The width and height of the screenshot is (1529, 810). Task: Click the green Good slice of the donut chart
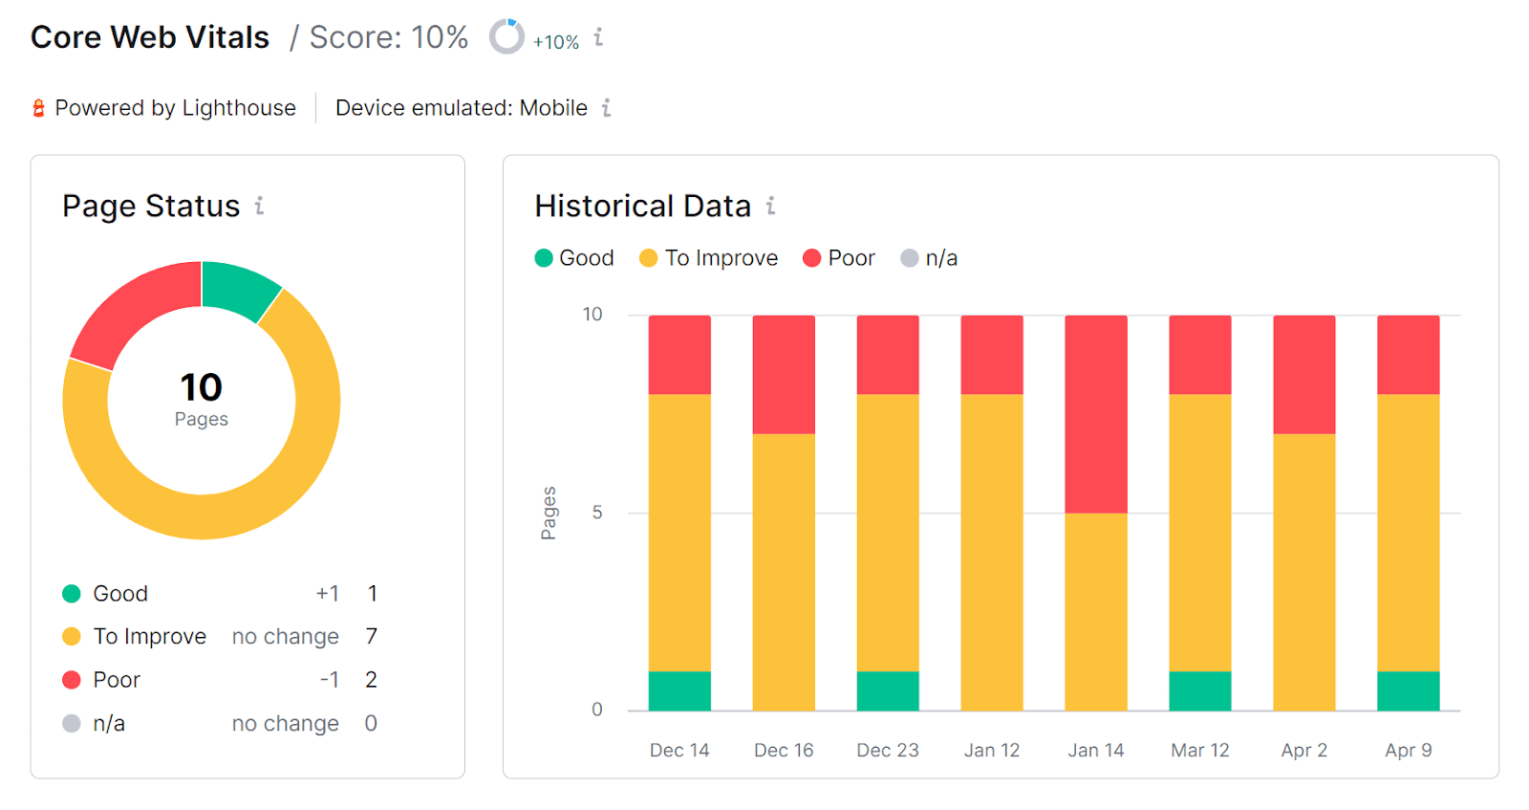(x=237, y=288)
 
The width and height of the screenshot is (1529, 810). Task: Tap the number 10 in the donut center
(x=201, y=387)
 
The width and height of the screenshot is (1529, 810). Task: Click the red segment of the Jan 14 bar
(x=1095, y=414)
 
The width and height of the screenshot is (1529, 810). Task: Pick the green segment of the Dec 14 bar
(x=679, y=690)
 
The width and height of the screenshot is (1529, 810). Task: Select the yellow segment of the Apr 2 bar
(x=1303, y=572)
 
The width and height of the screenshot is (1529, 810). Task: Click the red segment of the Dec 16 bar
(x=784, y=374)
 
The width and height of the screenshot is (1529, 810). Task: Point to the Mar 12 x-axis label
(x=1199, y=750)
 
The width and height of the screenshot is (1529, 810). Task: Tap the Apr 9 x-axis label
(x=1408, y=750)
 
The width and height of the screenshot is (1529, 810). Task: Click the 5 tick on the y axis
(x=597, y=513)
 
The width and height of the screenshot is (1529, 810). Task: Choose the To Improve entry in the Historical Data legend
(x=709, y=258)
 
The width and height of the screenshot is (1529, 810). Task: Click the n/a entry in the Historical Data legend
(x=929, y=258)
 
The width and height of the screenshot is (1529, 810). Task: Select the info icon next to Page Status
(x=259, y=206)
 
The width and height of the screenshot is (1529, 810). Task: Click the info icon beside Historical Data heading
(x=770, y=206)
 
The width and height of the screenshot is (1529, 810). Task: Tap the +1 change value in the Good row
(x=327, y=594)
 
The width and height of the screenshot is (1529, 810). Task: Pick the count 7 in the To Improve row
(x=371, y=637)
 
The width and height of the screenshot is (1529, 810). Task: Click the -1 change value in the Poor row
(x=329, y=680)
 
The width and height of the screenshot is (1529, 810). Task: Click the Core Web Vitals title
(x=150, y=37)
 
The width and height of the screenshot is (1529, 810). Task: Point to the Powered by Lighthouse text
(x=175, y=108)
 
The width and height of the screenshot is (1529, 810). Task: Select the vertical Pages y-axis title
(x=549, y=514)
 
